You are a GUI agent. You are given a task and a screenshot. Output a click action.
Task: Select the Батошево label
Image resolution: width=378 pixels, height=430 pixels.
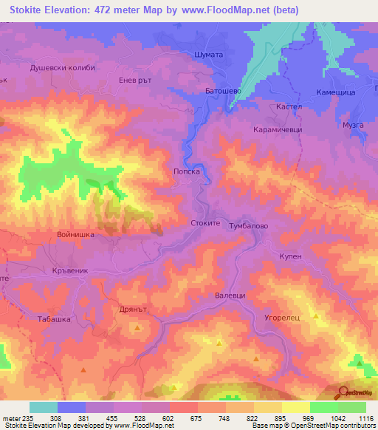coord(205,91)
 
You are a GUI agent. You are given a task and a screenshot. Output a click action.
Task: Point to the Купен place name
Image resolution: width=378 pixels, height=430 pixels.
coord(291,255)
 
